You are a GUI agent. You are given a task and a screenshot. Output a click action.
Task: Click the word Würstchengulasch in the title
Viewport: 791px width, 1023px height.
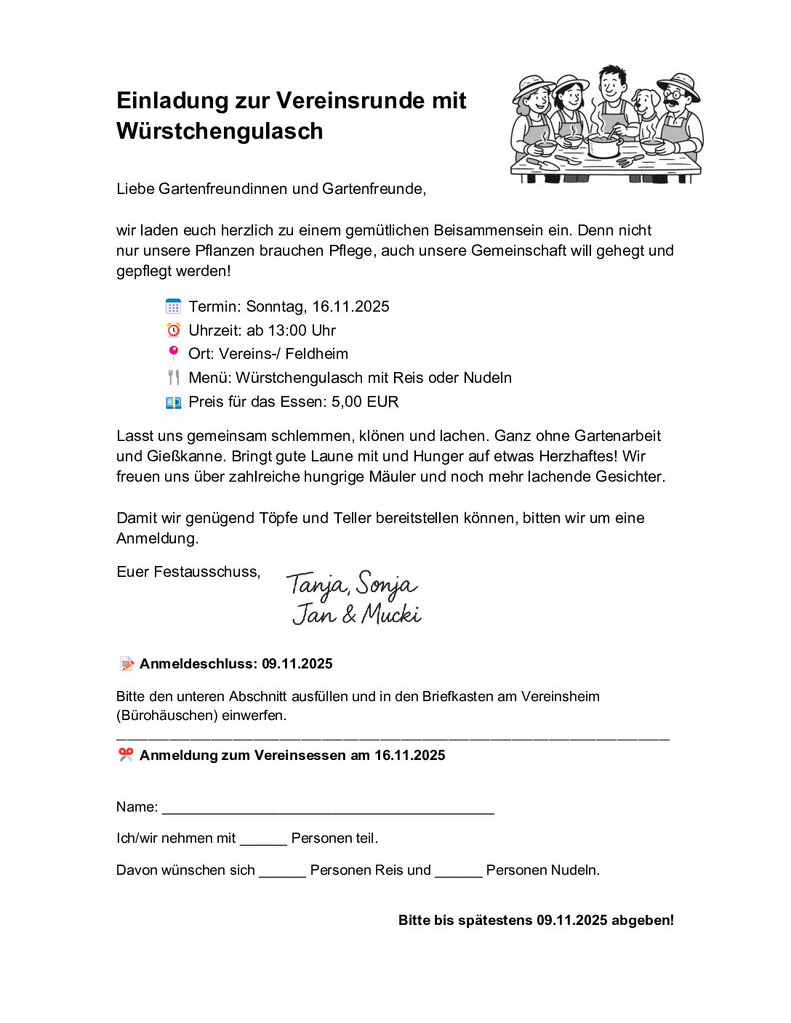coord(220,132)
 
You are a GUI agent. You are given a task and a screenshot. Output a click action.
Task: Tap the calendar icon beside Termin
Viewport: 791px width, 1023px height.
coord(173,307)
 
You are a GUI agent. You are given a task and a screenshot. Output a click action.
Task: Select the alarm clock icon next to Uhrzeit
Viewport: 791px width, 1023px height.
coord(173,331)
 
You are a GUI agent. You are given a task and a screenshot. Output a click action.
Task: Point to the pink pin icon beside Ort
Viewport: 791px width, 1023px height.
coord(173,353)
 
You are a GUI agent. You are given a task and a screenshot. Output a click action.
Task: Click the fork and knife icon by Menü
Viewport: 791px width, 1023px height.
coord(173,378)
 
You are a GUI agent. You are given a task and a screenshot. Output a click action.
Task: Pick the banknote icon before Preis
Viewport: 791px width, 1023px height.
coord(173,402)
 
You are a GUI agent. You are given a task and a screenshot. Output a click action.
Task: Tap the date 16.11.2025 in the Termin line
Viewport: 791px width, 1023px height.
coord(350,307)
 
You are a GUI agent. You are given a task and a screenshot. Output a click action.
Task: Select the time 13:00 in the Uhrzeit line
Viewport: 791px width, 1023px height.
coord(287,331)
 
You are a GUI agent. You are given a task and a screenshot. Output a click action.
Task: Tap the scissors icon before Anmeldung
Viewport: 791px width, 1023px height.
coord(127,755)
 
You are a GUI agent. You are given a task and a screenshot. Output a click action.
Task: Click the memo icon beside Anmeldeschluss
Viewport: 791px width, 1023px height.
coord(127,663)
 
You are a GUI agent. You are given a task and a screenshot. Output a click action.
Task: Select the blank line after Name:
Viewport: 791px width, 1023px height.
coord(328,809)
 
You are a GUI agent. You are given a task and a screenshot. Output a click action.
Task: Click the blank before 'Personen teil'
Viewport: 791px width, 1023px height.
coord(263,840)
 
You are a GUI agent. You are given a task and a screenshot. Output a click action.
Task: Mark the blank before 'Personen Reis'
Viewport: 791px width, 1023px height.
coord(282,872)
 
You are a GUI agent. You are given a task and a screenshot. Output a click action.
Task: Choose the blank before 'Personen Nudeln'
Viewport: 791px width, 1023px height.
coord(458,872)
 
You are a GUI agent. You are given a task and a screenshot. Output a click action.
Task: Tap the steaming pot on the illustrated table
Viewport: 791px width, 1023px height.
coord(603,144)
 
